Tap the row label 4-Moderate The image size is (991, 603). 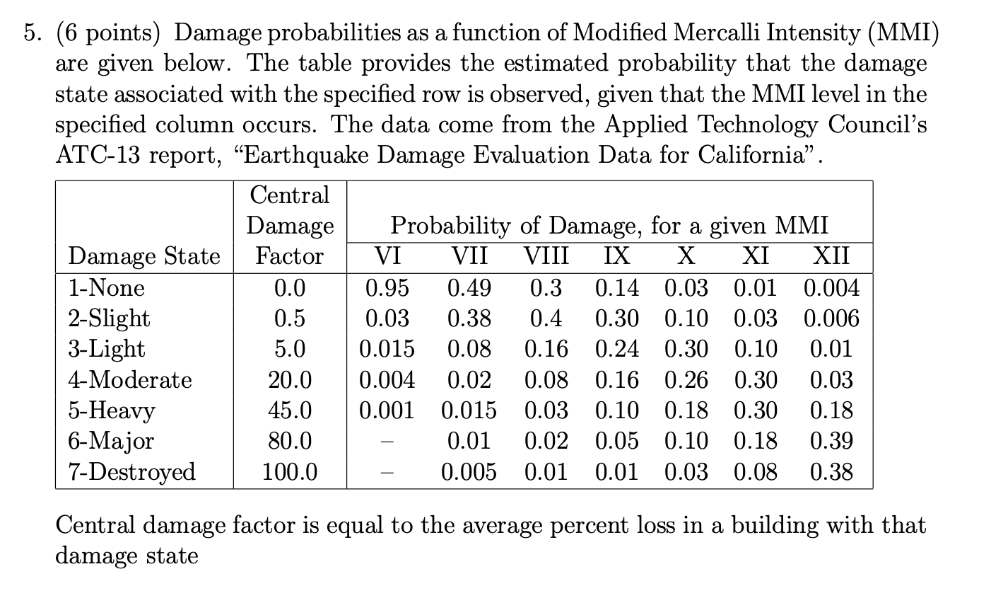[130, 380]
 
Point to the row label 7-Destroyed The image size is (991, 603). [131, 471]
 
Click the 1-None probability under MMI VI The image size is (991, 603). [387, 288]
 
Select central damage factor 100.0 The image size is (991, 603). [290, 471]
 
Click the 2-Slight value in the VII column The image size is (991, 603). [469, 318]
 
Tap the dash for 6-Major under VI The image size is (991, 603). [387, 441]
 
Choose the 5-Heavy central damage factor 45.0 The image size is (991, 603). [290, 410]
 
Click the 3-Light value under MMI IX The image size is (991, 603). [617, 349]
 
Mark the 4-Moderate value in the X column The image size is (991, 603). [686, 380]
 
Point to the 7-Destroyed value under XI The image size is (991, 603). [756, 471]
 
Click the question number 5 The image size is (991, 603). [31, 33]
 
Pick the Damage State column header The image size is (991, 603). [144, 256]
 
